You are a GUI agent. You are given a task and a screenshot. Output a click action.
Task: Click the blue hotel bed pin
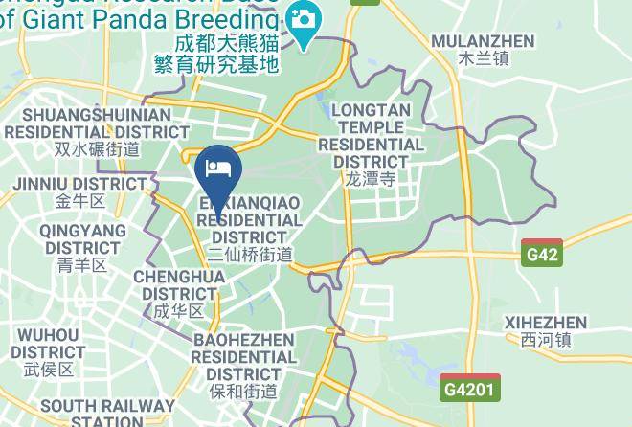coord(218,169)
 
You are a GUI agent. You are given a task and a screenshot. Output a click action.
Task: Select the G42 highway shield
coord(541,255)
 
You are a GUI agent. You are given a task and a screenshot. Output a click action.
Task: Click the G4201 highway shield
coord(470,389)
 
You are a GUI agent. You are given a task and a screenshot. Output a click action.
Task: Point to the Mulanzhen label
coord(483,41)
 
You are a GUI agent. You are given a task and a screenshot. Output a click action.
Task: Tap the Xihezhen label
coord(546,322)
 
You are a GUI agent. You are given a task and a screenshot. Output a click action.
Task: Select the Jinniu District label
coord(79,183)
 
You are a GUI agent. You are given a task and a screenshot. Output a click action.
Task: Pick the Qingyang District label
coord(82,239)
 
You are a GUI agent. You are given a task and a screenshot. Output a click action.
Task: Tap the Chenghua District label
coord(179,285)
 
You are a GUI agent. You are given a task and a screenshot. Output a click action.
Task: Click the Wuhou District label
coord(48,344)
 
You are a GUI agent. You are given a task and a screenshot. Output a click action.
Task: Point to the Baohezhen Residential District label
coord(243,356)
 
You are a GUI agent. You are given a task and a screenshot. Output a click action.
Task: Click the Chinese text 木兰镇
coord(483,58)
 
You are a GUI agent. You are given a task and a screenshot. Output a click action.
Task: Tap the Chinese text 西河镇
coord(546,340)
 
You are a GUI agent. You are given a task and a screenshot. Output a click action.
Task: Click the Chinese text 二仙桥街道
coord(250,255)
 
